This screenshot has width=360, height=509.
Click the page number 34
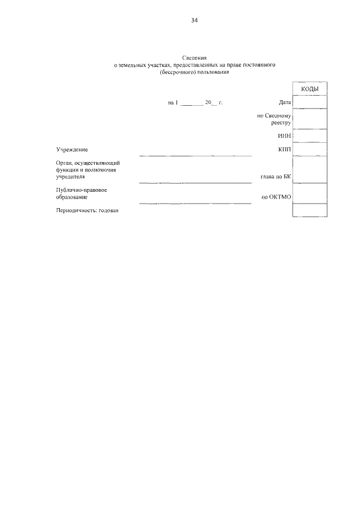click(x=195, y=20)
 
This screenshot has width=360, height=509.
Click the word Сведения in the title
click(x=194, y=58)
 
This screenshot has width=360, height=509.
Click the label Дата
click(x=284, y=102)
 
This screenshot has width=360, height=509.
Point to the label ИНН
click(x=283, y=136)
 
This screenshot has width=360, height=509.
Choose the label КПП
click(x=283, y=149)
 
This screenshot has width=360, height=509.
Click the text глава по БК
click(x=275, y=177)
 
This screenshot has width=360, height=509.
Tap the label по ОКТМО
click(x=276, y=197)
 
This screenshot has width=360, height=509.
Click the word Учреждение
click(x=72, y=149)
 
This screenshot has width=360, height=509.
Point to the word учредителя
click(x=70, y=177)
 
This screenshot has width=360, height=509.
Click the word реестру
click(x=280, y=122)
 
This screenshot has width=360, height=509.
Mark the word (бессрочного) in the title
click(x=177, y=73)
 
